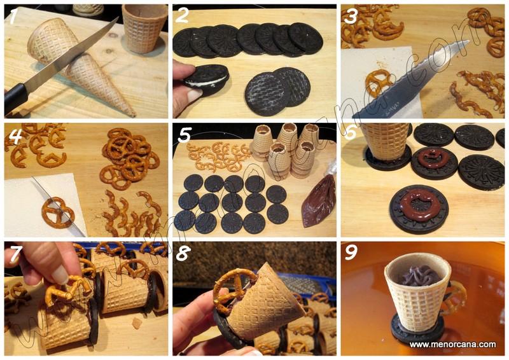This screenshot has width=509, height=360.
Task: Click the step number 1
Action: pyautogui.click(x=12, y=17)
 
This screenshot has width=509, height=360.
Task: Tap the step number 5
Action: pyautogui.click(x=184, y=135)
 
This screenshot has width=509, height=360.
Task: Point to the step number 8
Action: pyautogui.click(x=183, y=254)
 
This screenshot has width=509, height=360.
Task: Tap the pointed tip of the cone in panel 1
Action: pyautogui.click(x=134, y=115)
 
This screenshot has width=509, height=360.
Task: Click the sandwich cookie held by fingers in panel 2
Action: pyautogui.click(x=206, y=79)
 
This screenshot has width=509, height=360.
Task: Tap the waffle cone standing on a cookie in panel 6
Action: pyautogui.click(x=386, y=141)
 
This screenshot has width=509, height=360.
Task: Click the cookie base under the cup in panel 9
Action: pyautogui.click(x=417, y=332)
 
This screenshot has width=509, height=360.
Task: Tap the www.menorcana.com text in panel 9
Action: pyautogui.click(x=452, y=345)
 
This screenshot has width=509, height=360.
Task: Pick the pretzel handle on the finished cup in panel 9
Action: pyautogui.click(x=457, y=297)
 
